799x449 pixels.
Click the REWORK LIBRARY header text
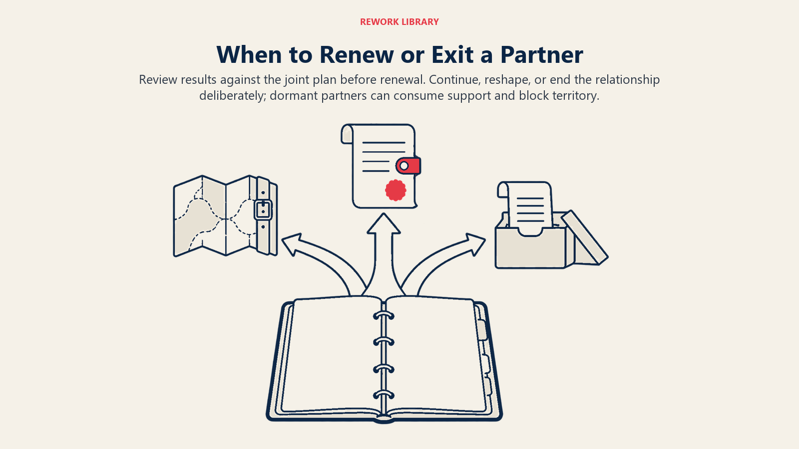[x=399, y=22]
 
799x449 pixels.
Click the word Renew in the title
[x=357, y=54]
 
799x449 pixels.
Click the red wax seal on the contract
[x=396, y=190]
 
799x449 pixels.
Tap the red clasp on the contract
[x=408, y=166]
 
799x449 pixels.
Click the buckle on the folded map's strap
[x=263, y=210]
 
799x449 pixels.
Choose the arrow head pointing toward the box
[x=476, y=244]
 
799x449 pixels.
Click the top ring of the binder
[x=384, y=315]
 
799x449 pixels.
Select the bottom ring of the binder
[x=384, y=395]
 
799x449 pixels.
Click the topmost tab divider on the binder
[x=481, y=330]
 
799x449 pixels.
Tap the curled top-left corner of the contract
[x=347, y=134]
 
